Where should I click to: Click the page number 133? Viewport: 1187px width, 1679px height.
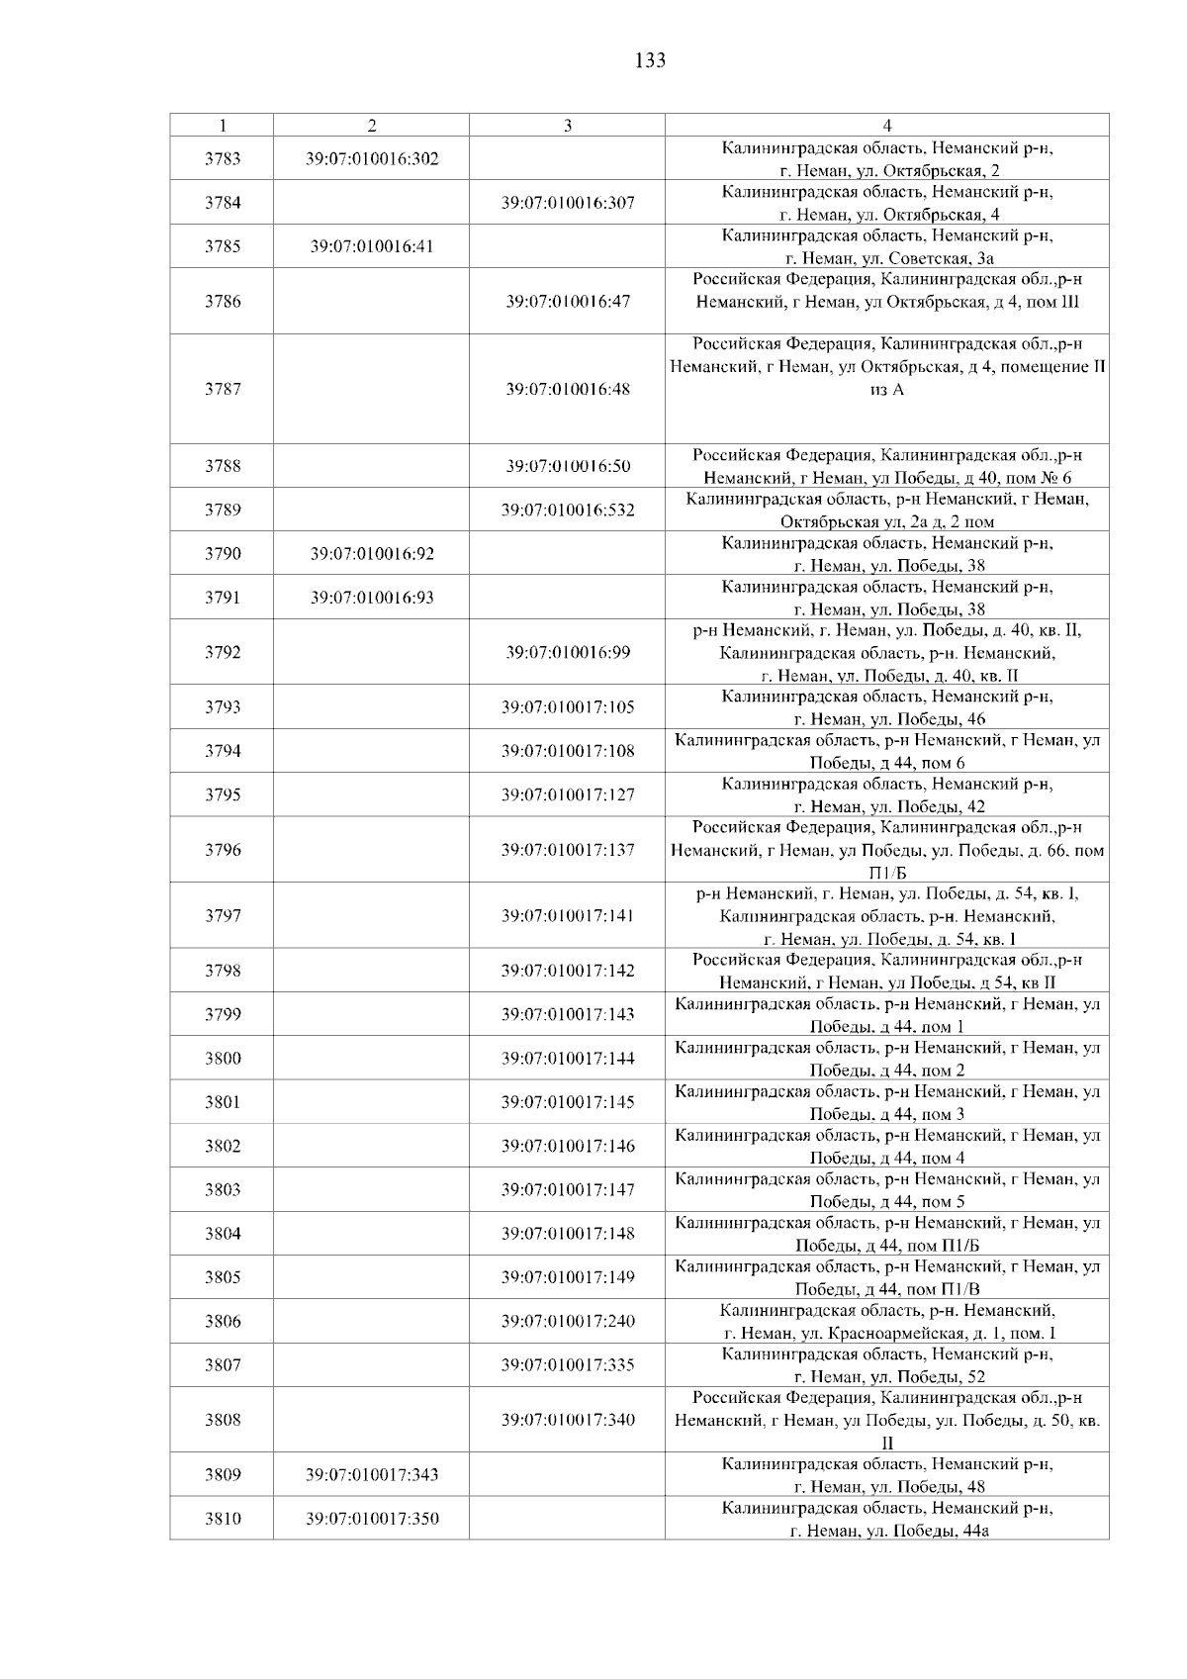coord(649,61)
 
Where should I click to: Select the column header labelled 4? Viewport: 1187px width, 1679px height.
coord(886,126)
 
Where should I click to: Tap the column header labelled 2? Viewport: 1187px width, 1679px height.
coord(371,126)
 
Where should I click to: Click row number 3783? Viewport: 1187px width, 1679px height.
coord(223,158)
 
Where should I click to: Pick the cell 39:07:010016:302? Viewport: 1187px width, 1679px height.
coord(372,158)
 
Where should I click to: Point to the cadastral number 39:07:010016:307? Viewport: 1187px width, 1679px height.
coord(568,203)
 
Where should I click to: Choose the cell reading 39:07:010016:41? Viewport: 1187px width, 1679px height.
coord(372,246)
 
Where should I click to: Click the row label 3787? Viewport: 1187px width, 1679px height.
coord(223,389)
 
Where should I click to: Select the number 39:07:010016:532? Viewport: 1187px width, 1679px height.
coord(568,511)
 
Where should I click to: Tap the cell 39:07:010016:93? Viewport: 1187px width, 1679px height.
coord(372,598)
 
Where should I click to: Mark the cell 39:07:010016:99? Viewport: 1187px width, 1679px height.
coord(568,652)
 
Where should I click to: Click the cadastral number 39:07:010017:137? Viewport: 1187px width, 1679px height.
coord(568,850)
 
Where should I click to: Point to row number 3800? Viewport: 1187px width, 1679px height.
coord(223,1059)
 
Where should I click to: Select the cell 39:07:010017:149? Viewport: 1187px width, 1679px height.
coord(568,1277)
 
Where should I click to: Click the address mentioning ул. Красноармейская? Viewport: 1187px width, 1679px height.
coord(887,1322)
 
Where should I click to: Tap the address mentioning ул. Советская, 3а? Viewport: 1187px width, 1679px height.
coord(887,247)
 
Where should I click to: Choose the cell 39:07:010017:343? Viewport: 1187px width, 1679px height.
coord(372,1475)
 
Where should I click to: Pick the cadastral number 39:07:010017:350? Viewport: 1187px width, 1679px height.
coord(372,1519)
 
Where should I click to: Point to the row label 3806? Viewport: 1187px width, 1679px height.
coord(223,1321)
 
